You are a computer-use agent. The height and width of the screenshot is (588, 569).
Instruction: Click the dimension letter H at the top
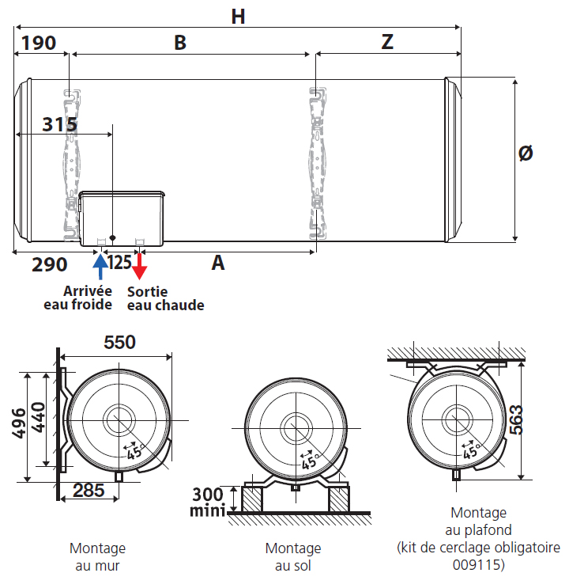click(238, 15)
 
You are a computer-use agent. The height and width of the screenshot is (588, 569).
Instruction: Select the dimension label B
click(180, 43)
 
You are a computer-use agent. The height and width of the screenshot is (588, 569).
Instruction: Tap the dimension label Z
click(386, 43)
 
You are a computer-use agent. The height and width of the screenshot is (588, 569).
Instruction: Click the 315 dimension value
click(59, 125)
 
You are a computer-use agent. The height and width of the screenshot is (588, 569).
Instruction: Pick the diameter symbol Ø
click(526, 153)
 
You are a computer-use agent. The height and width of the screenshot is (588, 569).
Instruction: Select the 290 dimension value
click(49, 264)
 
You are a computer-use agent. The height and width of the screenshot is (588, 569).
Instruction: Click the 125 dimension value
click(119, 262)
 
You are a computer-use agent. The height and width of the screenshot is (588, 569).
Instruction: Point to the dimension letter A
click(218, 263)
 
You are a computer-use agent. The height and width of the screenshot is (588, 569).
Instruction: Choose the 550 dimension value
click(120, 342)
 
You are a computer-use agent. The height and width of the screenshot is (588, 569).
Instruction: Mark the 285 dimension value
click(89, 490)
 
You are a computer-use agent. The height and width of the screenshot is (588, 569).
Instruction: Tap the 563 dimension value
click(537, 419)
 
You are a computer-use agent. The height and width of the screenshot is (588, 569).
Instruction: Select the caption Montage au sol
click(293, 556)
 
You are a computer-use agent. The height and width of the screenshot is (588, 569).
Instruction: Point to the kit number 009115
click(478, 565)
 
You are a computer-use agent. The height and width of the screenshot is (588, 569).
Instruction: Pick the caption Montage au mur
click(97, 556)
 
